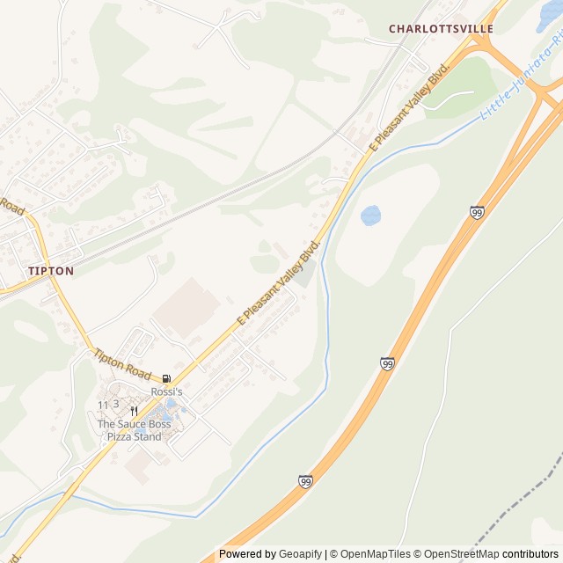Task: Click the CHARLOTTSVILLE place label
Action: point(441,29)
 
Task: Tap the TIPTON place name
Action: point(50,271)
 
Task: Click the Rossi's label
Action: point(166,391)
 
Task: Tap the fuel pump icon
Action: point(166,378)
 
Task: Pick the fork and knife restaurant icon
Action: point(134,411)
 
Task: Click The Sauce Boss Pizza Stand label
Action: point(129,430)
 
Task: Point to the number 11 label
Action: point(103,405)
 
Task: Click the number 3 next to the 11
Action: point(115,404)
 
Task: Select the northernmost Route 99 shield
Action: point(477,212)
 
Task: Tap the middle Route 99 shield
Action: point(388,362)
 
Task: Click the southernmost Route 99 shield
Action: point(305,481)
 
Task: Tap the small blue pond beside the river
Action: point(371,215)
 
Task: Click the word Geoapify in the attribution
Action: point(300,554)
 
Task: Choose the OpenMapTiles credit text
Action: point(377,554)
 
